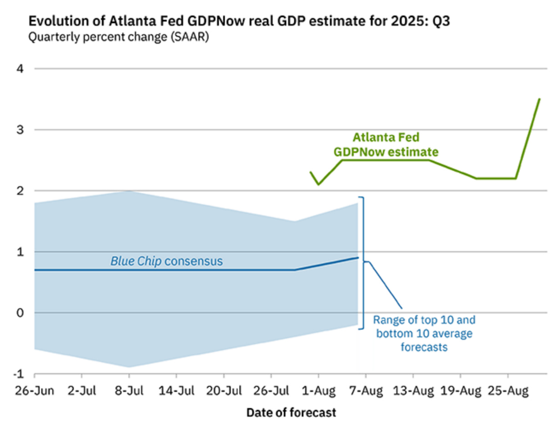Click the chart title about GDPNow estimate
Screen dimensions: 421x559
pyautogui.click(x=239, y=21)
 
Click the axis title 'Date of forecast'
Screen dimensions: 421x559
pyautogui.click(x=291, y=412)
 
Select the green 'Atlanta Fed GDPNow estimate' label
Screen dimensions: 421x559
pyautogui.click(x=386, y=144)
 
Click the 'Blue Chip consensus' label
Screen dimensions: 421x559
pyautogui.click(x=167, y=261)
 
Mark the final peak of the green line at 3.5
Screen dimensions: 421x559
pyautogui.click(x=539, y=99)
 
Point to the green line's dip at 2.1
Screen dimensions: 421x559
pyautogui.click(x=318, y=184)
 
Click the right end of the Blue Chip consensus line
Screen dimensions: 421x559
pyautogui.click(x=358, y=258)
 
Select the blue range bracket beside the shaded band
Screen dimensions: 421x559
pyautogui.click(x=362, y=263)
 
